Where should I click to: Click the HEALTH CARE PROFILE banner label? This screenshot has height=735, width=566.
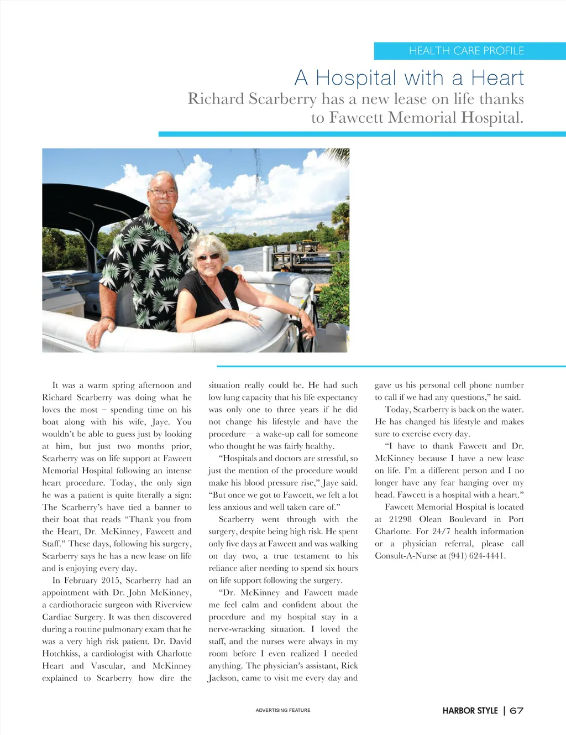(466, 51)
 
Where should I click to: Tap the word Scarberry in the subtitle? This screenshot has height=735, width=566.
(282, 99)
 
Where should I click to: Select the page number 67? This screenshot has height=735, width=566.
(517, 711)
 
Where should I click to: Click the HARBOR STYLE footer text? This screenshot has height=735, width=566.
(470, 711)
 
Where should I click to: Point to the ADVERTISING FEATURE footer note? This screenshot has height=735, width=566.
(283, 710)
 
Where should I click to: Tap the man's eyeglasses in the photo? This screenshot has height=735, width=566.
(163, 193)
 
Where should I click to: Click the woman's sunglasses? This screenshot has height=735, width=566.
(208, 257)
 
